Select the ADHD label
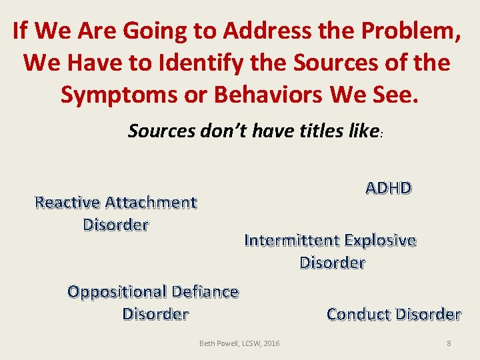pyautogui.click(x=389, y=188)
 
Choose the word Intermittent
pyautogui.click(x=293, y=240)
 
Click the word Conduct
pyautogui.click(x=359, y=314)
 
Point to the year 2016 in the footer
pyautogui.click(x=271, y=343)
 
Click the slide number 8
pyautogui.click(x=449, y=343)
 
